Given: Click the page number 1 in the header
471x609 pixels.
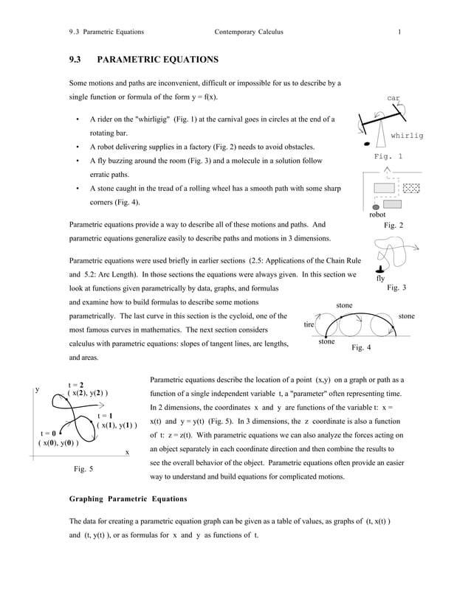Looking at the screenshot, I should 399,32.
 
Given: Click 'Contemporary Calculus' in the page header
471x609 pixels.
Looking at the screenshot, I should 248,32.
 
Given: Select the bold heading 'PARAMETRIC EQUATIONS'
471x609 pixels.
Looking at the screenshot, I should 157,58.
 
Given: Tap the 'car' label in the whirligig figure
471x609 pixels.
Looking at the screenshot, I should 393,97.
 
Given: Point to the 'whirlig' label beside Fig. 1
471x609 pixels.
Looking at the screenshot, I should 407,136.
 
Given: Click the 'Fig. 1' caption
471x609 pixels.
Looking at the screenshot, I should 388,157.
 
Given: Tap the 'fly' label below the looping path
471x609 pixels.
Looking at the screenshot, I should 380,279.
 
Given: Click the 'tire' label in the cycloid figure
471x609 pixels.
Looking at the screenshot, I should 310,324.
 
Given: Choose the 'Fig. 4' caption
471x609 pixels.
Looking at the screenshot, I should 361,347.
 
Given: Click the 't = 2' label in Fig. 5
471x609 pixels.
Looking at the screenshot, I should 76,384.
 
